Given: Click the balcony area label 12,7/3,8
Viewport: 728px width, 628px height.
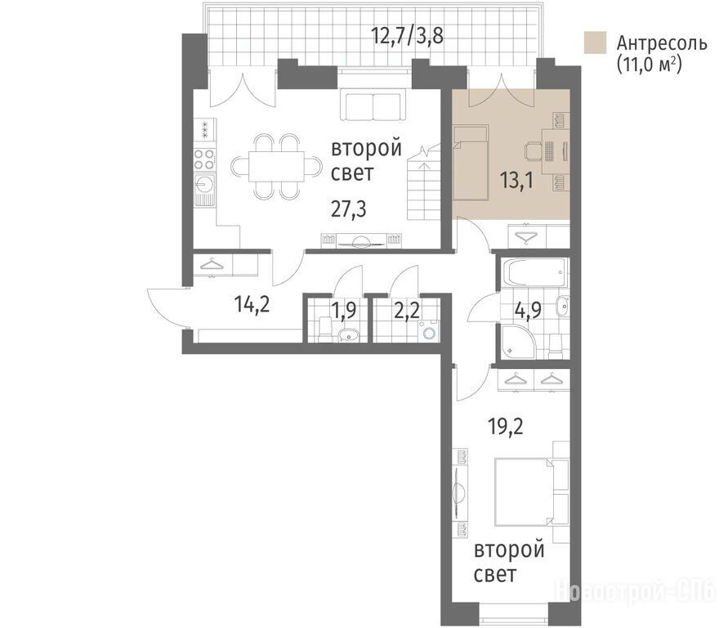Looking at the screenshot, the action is coord(408,35).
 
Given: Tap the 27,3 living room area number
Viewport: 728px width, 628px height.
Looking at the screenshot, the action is coord(349,209).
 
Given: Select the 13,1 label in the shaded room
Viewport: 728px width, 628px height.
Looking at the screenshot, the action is coord(516,180).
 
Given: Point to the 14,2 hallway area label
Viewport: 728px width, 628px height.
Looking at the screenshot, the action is coord(252,305).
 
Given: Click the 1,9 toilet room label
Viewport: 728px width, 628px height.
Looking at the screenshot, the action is coord(345,310).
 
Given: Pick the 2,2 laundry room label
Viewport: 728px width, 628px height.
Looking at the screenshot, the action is coord(406,310).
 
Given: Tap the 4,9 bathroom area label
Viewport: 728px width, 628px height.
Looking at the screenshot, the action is coord(529,310).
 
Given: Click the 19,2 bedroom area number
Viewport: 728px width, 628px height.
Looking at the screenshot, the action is coord(506,426).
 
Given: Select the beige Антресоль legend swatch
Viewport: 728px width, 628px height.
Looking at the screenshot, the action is coord(595,43).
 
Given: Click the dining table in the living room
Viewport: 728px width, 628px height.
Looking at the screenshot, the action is coord(277,166).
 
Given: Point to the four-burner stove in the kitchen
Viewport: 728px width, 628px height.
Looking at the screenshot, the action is coord(204,159).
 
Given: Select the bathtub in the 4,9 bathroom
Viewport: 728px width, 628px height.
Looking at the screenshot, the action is coord(534,272).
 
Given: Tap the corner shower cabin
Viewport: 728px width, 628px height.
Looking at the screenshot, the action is coord(518,342).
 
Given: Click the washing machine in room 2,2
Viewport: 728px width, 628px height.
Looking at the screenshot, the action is coord(428,331).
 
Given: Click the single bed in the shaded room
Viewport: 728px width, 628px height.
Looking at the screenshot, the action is coord(471,163).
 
